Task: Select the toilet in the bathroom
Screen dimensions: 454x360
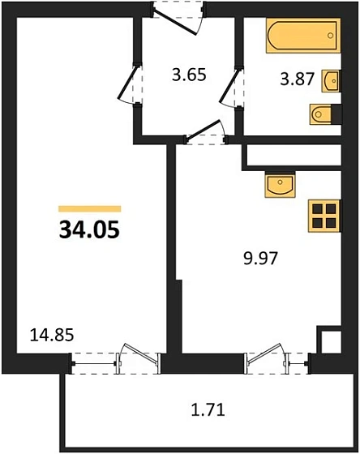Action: (x=322, y=115)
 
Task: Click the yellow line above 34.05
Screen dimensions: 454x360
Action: (x=89, y=208)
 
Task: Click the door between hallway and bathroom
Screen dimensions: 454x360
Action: (x=234, y=86)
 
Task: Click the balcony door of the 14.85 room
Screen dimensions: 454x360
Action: (x=130, y=358)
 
